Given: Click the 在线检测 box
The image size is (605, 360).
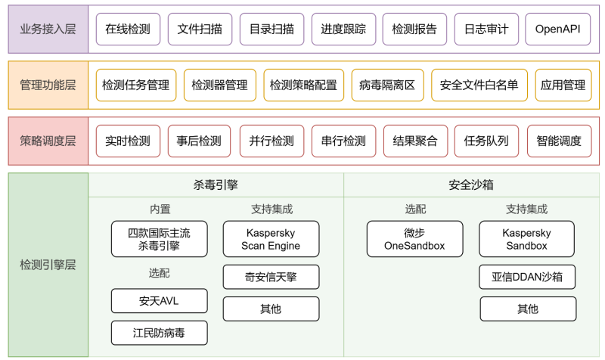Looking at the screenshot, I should [128, 29].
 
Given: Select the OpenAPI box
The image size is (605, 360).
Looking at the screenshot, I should [558, 29].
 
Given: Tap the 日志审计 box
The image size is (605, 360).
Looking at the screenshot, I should [486, 29].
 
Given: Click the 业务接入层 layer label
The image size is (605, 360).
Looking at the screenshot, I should [48, 29].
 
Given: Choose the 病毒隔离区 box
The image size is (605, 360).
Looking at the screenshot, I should [387, 85].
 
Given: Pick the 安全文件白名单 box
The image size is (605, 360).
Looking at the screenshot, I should [479, 85].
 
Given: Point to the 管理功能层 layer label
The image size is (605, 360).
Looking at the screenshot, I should [48, 85].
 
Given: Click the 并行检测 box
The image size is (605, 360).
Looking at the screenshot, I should [271, 141].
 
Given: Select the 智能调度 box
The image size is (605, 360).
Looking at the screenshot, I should [559, 141].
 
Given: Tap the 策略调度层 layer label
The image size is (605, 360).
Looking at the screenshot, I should [48, 141].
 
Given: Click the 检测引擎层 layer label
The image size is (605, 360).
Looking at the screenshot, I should [48, 265].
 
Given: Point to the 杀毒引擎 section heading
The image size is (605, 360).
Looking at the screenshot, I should [216, 185].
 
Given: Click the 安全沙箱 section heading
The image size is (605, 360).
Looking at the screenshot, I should [471, 185].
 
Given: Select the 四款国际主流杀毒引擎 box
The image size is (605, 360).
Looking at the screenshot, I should [159, 239].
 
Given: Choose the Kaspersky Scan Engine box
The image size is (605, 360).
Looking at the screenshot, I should [271, 239].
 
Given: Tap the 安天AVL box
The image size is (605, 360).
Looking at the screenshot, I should [159, 301].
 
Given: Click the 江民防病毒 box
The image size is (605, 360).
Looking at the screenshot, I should [159, 333].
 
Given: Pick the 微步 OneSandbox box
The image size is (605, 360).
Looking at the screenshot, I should [414, 239].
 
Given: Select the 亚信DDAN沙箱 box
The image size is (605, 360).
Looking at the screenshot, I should [527, 277].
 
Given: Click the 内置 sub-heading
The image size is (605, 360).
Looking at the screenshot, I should [160, 209].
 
